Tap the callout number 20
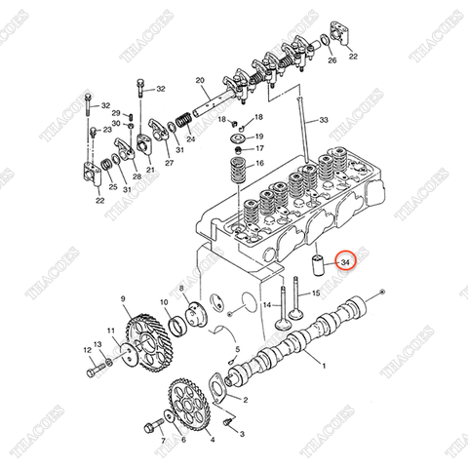click(199, 80)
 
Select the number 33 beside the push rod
click(325, 120)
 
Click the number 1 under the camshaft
click(325, 368)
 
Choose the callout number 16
click(259, 165)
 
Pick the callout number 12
click(87, 345)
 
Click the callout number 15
click(317, 292)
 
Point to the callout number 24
click(190, 138)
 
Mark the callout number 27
click(170, 164)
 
